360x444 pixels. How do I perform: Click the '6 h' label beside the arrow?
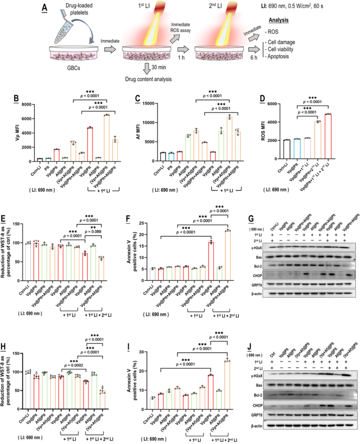(268, 58)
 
